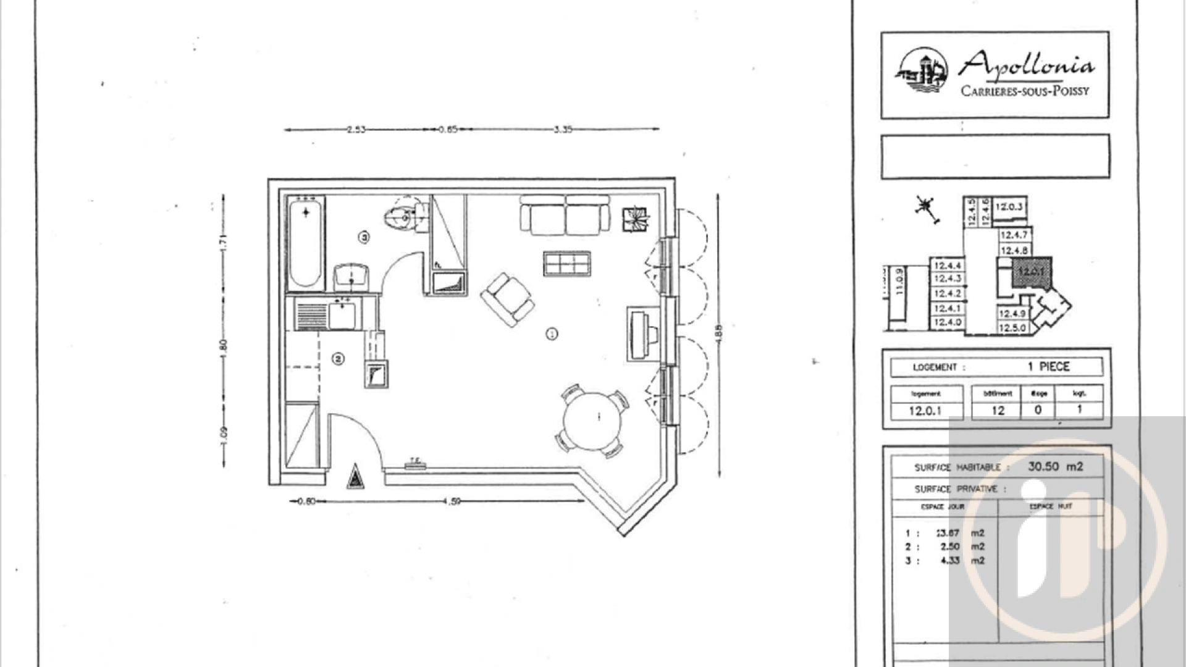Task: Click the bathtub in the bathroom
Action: tap(305, 244)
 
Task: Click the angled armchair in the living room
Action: tap(508, 300)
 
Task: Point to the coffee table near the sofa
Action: tap(566, 264)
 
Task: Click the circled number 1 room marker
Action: tap(552, 333)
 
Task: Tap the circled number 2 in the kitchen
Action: tap(339, 359)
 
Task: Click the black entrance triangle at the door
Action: tap(355, 477)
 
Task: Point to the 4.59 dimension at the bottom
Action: tap(452, 501)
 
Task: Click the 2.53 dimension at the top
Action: tap(356, 130)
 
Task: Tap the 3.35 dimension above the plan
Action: tap(563, 130)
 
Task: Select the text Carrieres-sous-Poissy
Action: tap(1025, 91)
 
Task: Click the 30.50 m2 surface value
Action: tap(1055, 467)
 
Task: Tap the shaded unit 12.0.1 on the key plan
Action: tap(1031, 272)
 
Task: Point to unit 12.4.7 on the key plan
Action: tap(1014, 235)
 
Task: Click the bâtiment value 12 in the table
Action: tap(998, 411)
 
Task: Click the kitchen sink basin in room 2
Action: tap(342, 315)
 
